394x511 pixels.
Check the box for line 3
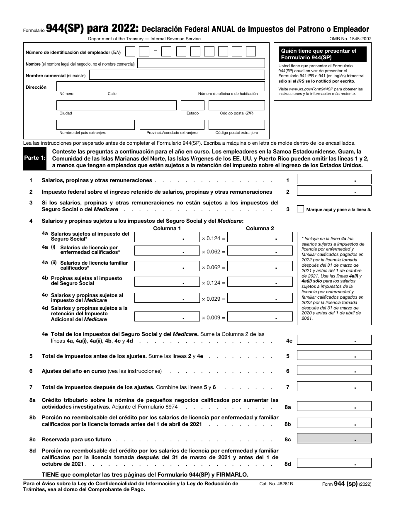tap(300, 209)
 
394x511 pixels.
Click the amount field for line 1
tap(334, 179)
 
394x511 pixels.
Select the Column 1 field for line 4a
tap(167, 236)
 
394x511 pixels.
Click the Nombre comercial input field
tap(177, 75)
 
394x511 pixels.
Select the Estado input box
tap(192, 105)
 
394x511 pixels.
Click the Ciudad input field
tap(116, 105)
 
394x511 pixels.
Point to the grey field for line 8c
tap(334, 438)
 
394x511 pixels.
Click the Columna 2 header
tap(260, 228)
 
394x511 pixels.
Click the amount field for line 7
tap(334, 387)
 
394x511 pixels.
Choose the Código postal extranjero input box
tap(236, 125)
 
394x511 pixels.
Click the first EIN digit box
tap(130, 51)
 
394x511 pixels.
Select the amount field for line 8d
tap(334, 463)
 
